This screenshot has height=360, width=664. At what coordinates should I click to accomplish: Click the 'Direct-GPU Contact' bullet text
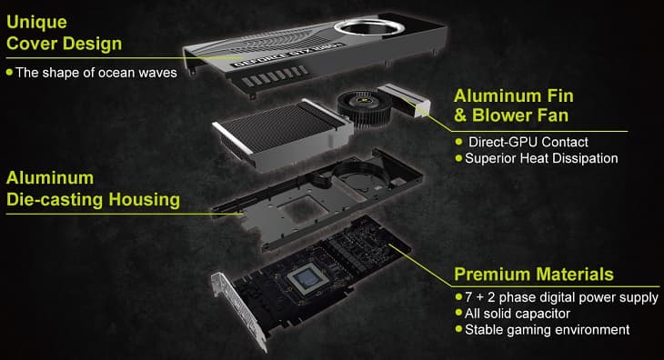(x=528, y=142)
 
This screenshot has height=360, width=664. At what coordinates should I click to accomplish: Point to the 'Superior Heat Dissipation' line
(x=541, y=158)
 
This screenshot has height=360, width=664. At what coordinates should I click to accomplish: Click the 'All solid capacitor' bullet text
(x=523, y=313)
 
